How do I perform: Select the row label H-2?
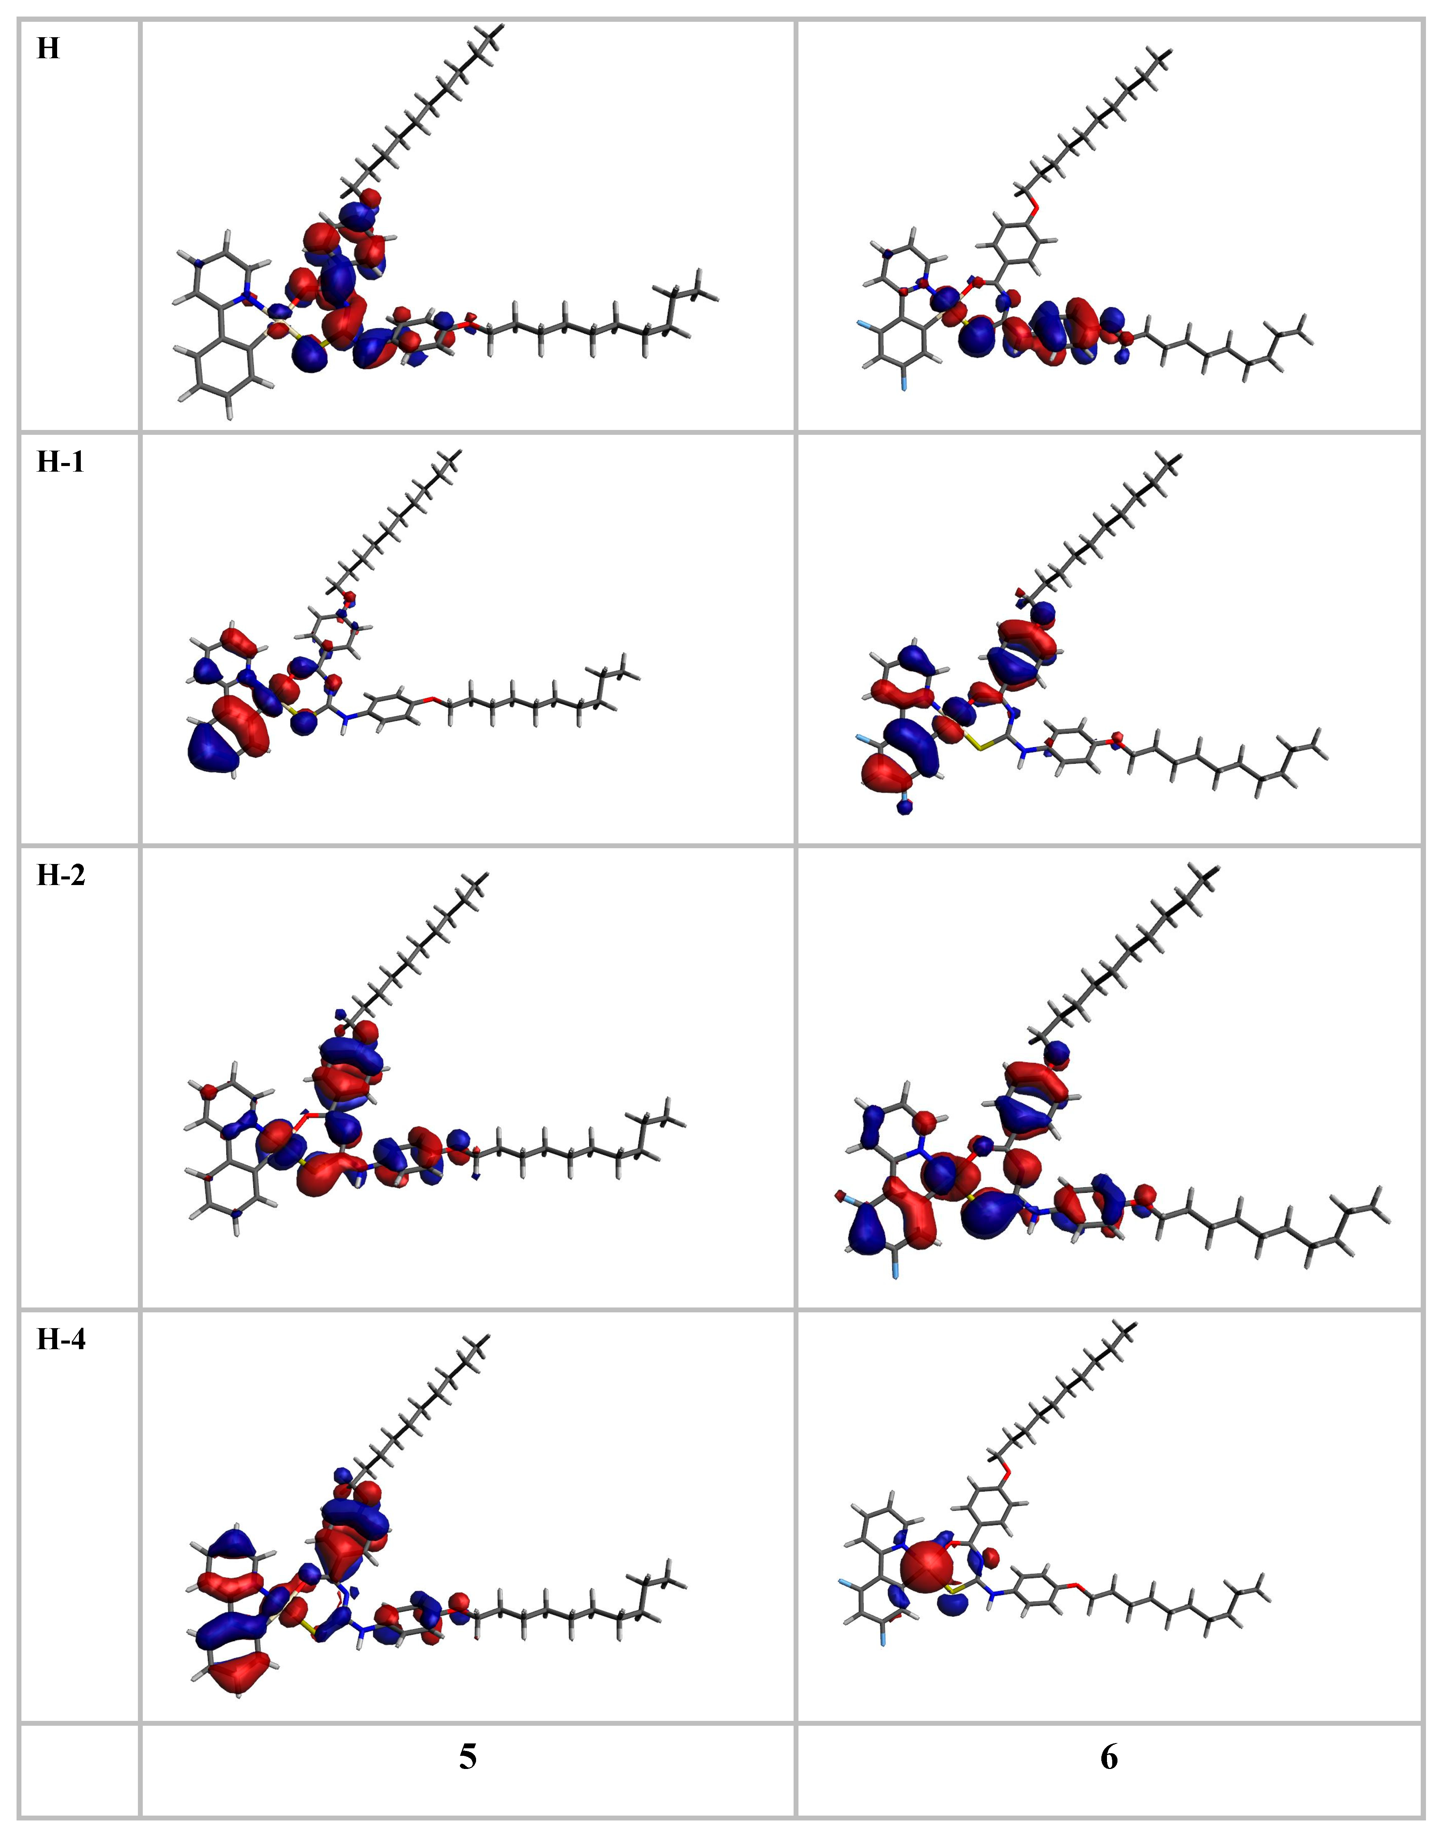click(x=60, y=876)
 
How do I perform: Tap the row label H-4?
click(x=60, y=1340)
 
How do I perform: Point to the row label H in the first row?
click(x=48, y=49)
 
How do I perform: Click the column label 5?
click(x=467, y=1757)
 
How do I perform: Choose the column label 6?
click(x=1108, y=1757)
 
